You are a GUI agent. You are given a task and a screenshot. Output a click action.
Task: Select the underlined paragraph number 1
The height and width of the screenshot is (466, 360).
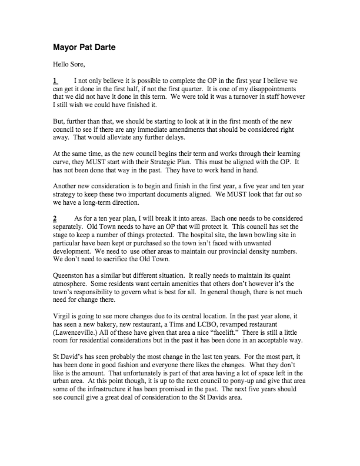click(55, 80)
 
